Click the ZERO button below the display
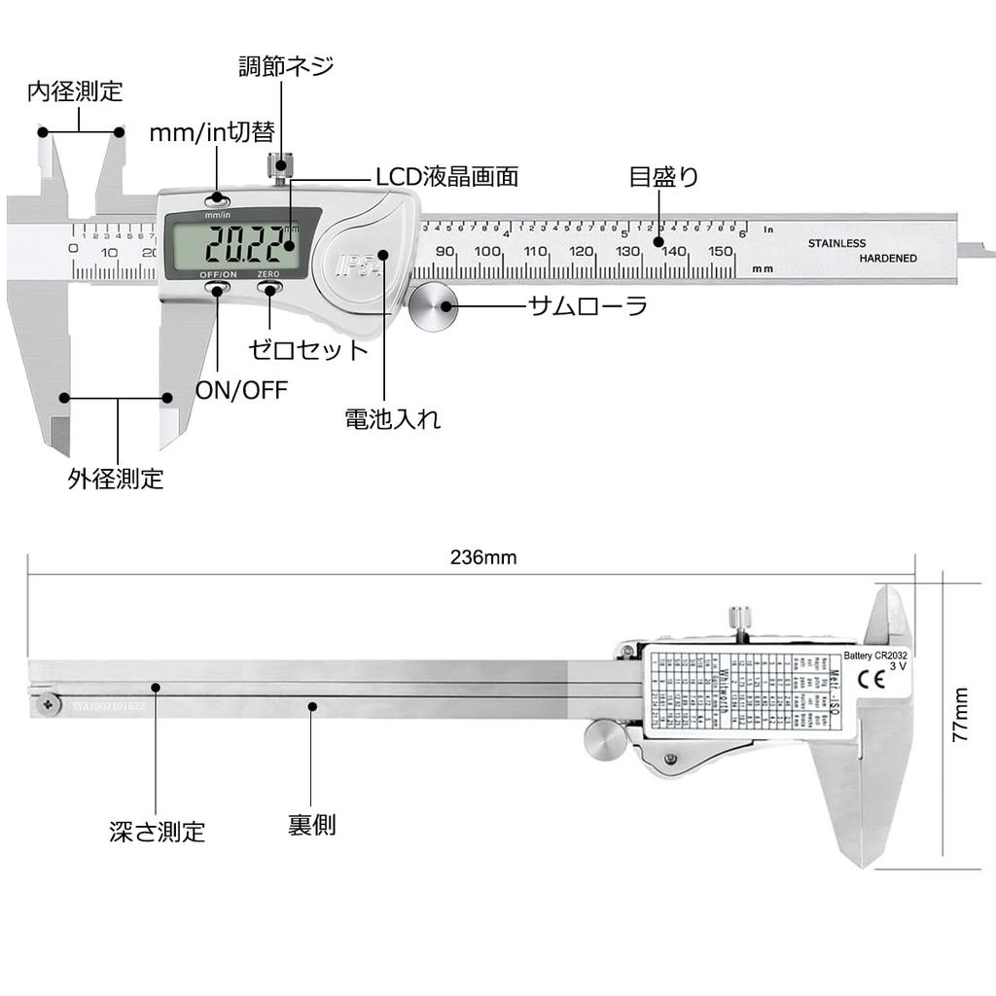pos(269,288)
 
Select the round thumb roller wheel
pos(432,306)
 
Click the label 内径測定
pos(75,91)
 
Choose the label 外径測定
pos(116,479)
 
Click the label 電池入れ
pos(393,419)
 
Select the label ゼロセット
pos(308,349)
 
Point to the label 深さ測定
pos(158,832)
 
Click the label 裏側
pos(312,825)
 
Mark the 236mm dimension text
pos(483,558)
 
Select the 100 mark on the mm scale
pos(489,251)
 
